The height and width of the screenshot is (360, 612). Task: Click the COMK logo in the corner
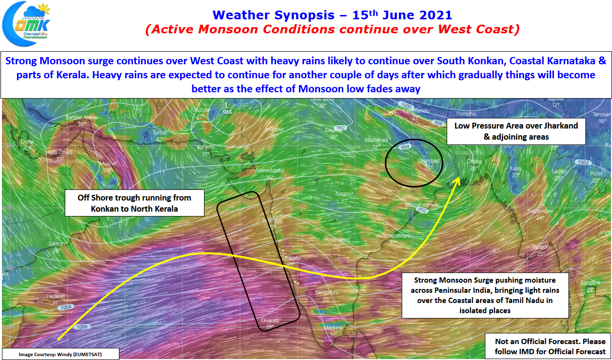[x=27, y=22]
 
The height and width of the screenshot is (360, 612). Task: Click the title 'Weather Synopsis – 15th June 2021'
[x=333, y=14]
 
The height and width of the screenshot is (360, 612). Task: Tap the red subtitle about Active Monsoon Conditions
[x=333, y=29]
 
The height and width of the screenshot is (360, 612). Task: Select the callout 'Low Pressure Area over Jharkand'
[x=516, y=131]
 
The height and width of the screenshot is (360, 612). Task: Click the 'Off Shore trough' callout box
[x=134, y=203]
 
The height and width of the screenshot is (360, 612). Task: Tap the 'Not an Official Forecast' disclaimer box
[x=550, y=346]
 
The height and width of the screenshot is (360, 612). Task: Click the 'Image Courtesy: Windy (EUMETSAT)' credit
[x=60, y=354]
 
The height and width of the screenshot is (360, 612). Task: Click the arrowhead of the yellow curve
[x=457, y=179]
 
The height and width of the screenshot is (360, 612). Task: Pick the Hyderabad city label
[x=337, y=240]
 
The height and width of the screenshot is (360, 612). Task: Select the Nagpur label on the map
[x=345, y=194]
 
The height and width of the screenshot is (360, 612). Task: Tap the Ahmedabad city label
[x=269, y=170]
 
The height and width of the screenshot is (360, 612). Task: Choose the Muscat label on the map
[x=108, y=164]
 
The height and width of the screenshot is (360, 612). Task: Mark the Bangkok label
[x=590, y=283]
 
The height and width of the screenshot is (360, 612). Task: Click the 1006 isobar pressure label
[x=82, y=327]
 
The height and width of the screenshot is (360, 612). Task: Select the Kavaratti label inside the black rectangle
[x=270, y=320]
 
